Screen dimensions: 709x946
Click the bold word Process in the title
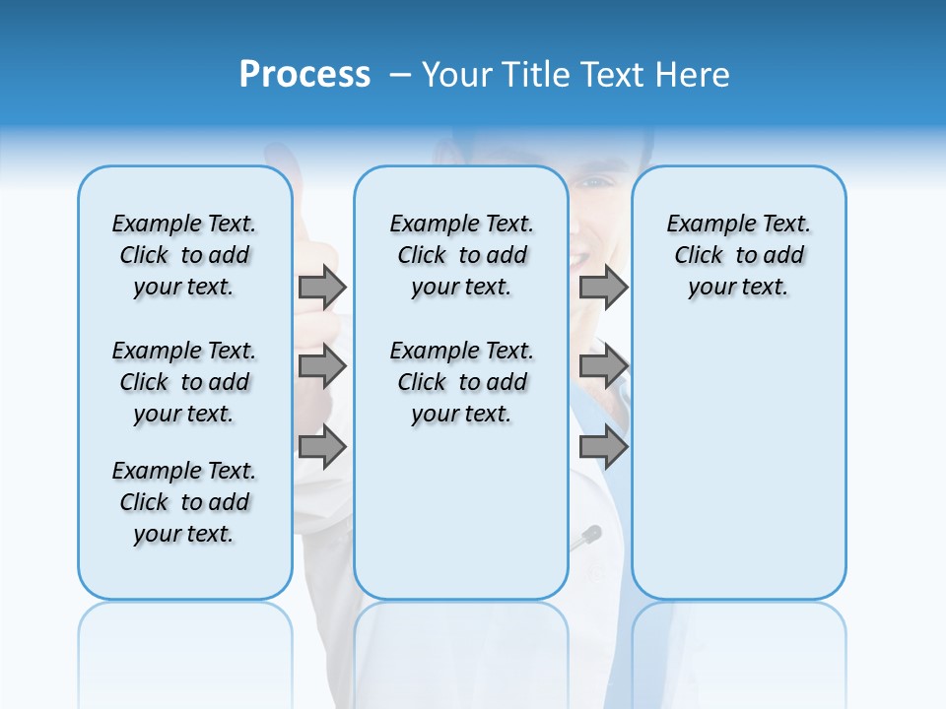[304, 74]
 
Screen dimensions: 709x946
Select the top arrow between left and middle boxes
[321, 287]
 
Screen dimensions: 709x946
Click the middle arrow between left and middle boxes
[321, 367]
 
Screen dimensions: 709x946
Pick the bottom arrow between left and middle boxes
[321, 447]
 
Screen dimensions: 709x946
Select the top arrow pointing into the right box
[603, 287]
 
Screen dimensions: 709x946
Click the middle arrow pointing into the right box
[603, 367]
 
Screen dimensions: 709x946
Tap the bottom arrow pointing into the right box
[603, 447]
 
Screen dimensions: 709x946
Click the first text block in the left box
[184, 255]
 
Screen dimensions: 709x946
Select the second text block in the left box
[184, 382]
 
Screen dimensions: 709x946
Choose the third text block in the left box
[184, 502]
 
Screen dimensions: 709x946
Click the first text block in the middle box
[461, 255]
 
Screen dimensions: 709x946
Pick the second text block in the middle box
[461, 382]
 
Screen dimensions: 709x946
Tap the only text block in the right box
[738, 255]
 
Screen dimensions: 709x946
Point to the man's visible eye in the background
[594, 182]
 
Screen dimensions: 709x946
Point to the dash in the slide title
[400, 75]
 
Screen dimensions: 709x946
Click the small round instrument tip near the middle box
[592, 534]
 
